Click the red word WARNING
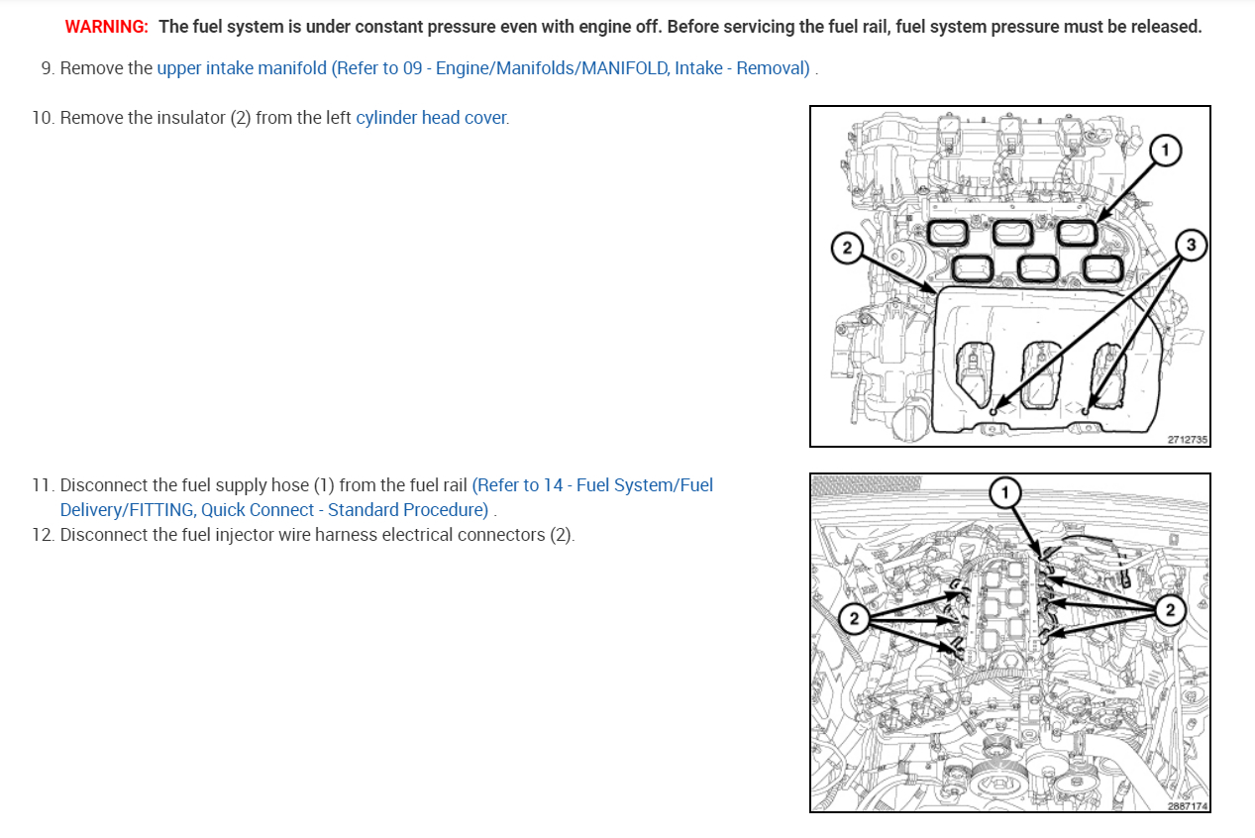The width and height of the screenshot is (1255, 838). click(x=106, y=27)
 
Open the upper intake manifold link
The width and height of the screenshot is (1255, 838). click(x=483, y=68)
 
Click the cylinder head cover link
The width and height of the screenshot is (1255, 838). click(x=433, y=118)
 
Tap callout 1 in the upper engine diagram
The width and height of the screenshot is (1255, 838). click(x=1165, y=151)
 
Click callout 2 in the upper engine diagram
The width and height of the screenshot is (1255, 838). click(x=847, y=248)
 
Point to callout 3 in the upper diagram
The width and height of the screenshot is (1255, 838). click(x=1191, y=245)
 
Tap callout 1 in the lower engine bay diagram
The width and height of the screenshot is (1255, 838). click(x=1005, y=493)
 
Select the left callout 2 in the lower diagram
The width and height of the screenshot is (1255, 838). click(x=854, y=618)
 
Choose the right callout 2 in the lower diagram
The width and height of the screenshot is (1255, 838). click(x=1170, y=609)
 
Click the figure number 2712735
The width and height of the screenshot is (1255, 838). click(x=1188, y=440)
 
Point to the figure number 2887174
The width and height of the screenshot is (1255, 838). click(x=1188, y=806)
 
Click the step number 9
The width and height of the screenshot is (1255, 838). click(x=48, y=68)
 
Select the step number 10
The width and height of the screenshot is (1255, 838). click(x=43, y=118)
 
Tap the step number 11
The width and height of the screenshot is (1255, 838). click(x=43, y=485)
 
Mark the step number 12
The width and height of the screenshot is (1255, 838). click(x=43, y=535)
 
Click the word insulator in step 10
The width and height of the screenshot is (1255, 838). click(x=190, y=118)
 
